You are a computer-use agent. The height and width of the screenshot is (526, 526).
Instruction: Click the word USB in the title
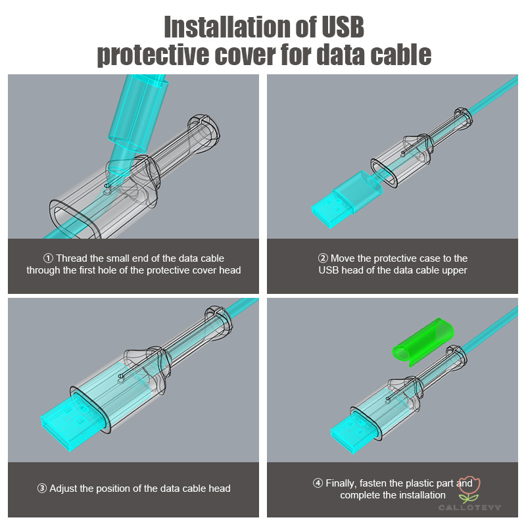click(343, 27)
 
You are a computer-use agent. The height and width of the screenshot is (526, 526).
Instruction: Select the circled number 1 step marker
click(48, 258)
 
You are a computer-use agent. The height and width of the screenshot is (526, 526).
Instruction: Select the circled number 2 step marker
click(323, 258)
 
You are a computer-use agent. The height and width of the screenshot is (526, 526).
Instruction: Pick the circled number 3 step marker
click(42, 489)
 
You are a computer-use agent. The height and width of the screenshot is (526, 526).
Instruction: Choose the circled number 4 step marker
click(318, 483)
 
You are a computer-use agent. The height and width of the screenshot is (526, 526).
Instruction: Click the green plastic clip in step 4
click(423, 342)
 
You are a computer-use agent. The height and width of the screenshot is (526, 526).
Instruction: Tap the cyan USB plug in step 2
click(347, 200)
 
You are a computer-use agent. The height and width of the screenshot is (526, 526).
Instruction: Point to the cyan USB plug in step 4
click(356, 432)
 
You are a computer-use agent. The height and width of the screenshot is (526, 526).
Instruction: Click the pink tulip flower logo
click(469, 489)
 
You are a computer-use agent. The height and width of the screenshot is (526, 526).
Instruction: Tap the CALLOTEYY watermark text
click(469, 508)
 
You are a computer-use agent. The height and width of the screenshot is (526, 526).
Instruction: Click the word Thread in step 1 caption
click(72, 258)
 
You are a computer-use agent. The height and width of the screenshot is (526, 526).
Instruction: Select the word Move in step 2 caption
click(343, 258)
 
